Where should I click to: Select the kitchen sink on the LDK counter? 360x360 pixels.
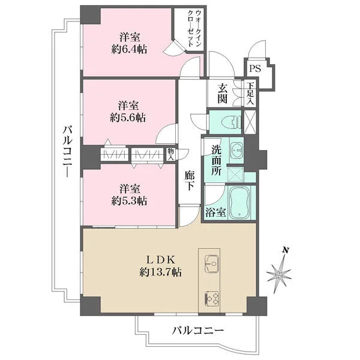point(212,262)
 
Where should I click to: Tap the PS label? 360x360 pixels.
point(255,68)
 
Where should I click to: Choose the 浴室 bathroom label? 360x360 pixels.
point(215,212)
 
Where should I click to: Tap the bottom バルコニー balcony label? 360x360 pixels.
point(198,330)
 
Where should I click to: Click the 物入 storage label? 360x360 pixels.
point(171,154)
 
